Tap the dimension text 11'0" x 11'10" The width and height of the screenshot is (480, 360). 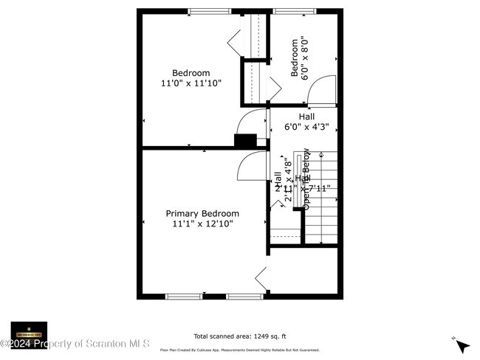coord(191,83)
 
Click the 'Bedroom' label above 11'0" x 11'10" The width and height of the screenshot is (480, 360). coord(191,73)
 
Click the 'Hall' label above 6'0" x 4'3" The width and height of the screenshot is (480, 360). coord(306,117)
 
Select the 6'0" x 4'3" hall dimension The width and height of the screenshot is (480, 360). coord(306,127)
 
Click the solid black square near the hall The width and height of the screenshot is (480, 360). coord(244,140)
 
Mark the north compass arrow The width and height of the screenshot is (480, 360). coord(462,345)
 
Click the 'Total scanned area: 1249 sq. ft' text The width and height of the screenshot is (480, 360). coord(239,334)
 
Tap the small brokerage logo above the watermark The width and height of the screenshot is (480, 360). coord(29,329)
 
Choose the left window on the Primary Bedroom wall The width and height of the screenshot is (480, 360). coord(184,297)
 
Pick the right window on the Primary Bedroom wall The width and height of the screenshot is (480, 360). coord(244,297)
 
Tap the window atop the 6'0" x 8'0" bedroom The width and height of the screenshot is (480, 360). coord(286,11)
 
